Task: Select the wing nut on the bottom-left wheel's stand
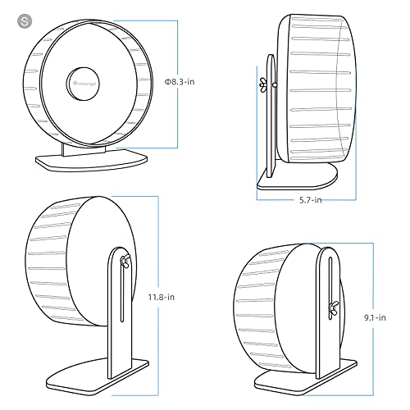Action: click(125, 261)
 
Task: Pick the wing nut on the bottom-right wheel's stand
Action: click(334, 309)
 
